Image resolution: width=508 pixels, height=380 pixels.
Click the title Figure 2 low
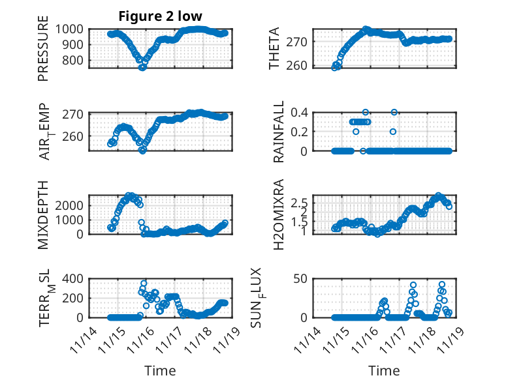(x=160, y=16)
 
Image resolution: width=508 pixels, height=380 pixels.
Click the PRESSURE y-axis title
(x=43, y=52)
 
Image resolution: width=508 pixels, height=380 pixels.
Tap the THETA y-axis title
(x=275, y=48)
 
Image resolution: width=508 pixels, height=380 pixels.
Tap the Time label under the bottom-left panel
(x=160, y=371)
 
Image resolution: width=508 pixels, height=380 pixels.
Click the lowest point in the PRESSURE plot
(x=142, y=66)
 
